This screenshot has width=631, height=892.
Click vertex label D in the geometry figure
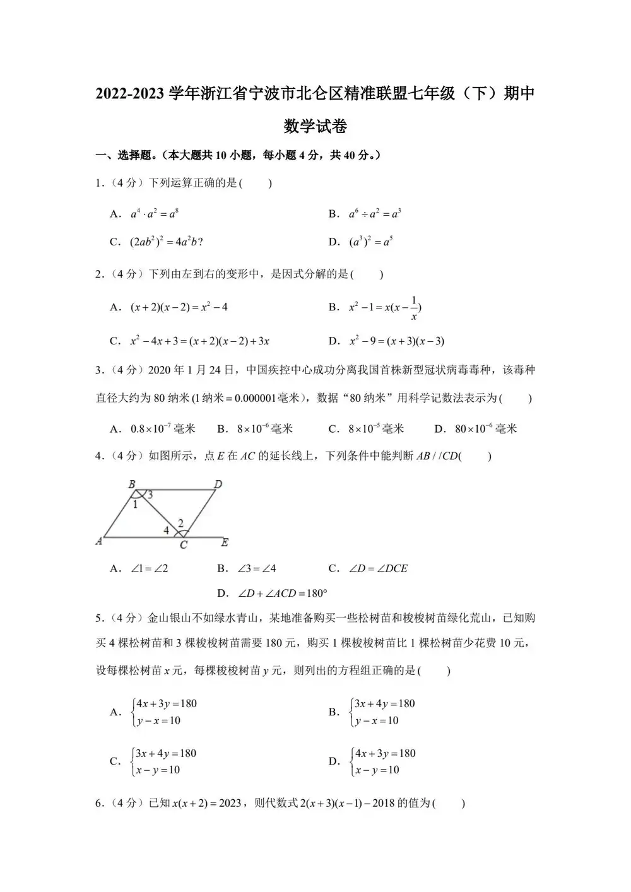[218, 484]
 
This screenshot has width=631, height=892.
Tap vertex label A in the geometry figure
[99, 541]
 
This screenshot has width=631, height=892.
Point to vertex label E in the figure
[225, 542]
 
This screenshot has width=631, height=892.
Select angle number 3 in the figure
[150, 495]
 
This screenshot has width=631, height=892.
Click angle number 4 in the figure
[167, 531]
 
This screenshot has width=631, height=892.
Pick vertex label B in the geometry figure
[132, 484]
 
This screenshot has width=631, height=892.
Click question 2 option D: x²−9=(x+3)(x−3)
[397, 341]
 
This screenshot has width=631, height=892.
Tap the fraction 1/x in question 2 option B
[414, 308]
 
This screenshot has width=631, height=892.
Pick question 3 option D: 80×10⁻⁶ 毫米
[485, 429]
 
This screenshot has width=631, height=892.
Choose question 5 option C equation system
[164, 761]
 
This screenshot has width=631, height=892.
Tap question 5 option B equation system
[383, 712]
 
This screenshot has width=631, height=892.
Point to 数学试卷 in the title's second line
[315, 126]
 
